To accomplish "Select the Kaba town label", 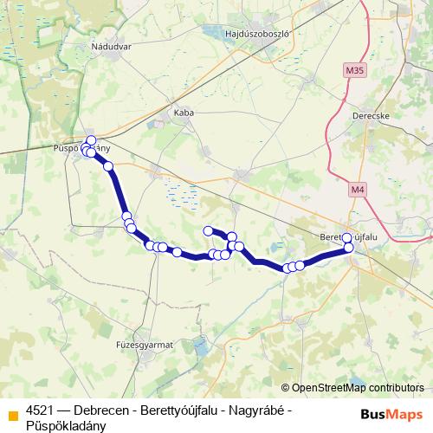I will (184, 113).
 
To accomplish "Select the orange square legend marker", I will (13, 410).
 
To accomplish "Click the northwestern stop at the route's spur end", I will (208, 230).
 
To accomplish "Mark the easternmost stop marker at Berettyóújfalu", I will (350, 248).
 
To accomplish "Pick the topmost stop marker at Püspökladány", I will (91, 140).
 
